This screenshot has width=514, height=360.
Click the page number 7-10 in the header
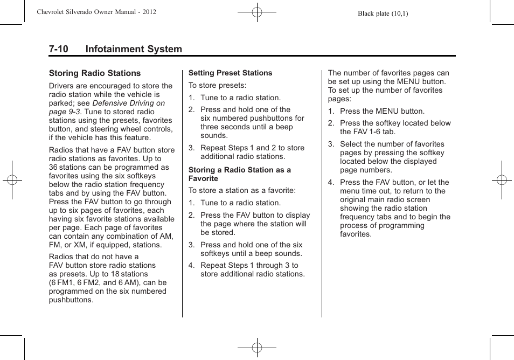click(x=58, y=49)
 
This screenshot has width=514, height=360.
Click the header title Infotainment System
click(x=134, y=49)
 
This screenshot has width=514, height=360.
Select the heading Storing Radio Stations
click(x=95, y=73)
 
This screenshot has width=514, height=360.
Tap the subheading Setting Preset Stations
click(x=230, y=73)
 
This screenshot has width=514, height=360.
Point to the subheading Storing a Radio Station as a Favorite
click(x=239, y=174)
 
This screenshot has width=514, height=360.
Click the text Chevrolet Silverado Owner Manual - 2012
click(x=96, y=12)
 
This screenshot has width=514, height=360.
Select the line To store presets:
click(x=217, y=86)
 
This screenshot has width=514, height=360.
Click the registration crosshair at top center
click(x=257, y=11)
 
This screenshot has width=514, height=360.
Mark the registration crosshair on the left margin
click(x=12, y=180)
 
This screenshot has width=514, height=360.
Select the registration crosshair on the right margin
click(x=502, y=180)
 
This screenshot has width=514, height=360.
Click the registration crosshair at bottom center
click(x=257, y=348)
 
